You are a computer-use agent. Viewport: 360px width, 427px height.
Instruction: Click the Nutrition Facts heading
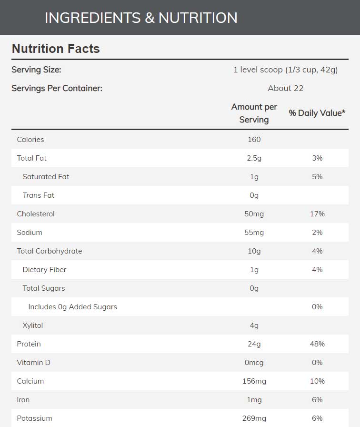(x=56, y=49)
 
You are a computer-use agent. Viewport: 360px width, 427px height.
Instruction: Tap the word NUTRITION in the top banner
(x=198, y=18)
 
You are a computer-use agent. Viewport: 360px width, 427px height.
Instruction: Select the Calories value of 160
(x=254, y=140)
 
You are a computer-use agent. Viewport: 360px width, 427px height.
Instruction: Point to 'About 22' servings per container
(x=285, y=88)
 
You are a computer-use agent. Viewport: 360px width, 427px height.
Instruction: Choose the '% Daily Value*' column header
(x=317, y=113)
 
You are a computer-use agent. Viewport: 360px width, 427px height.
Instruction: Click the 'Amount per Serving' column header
(x=254, y=113)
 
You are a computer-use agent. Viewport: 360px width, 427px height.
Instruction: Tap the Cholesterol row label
(x=36, y=214)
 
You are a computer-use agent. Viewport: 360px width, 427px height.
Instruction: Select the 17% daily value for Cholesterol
(x=317, y=214)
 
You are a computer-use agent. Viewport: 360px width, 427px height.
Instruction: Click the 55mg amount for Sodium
(x=254, y=233)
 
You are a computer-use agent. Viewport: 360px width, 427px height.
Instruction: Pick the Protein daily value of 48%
(x=317, y=344)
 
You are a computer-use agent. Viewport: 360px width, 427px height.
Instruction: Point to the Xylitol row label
(x=33, y=325)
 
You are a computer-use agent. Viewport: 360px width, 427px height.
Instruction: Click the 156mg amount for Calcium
(x=254, y=381)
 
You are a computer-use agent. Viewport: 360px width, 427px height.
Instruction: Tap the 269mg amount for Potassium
(x=254, y=418)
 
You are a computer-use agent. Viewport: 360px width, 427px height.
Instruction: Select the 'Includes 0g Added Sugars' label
(x=72, y=307)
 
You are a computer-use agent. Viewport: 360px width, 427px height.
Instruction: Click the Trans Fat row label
(x=39, y=195)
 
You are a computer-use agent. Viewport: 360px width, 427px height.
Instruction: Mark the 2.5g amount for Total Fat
(x=254, y=158)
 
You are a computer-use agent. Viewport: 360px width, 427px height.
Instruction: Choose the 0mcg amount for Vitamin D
(x=254, y=363)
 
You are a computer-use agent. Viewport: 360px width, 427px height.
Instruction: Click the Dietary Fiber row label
(x=44, y=270)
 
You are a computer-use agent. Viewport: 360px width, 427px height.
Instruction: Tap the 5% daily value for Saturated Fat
(x=317, y=177)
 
